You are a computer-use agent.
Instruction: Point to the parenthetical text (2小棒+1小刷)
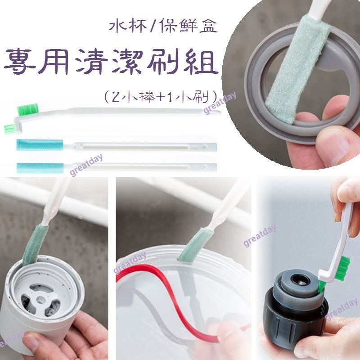pyautogui.click(x=160, y=95)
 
